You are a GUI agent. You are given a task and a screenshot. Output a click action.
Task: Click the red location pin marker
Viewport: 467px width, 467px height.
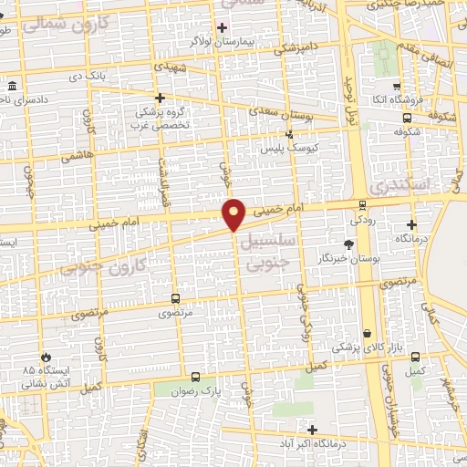tap(234, 214)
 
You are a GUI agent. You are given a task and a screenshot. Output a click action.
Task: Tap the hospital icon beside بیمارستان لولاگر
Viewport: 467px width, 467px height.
tap(223, 26)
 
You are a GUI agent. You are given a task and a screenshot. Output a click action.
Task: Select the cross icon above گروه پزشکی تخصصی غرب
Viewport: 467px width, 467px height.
tap(160, 98)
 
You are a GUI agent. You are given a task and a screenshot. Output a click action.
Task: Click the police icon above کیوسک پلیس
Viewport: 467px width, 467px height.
tap(290, 135)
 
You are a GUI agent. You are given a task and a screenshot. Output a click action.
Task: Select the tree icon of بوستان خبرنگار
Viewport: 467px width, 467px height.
tap(348, 244)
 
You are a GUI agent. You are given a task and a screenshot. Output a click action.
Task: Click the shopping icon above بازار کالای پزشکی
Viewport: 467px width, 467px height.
tap(367, 334)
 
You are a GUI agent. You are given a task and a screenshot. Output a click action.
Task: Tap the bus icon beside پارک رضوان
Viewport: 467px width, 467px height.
tap(195, 377)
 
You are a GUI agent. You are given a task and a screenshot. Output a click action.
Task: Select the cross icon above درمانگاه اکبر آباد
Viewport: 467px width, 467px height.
tap(313, 429)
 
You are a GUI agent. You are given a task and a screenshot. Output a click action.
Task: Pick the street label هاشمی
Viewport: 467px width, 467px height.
tap(78, 156)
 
